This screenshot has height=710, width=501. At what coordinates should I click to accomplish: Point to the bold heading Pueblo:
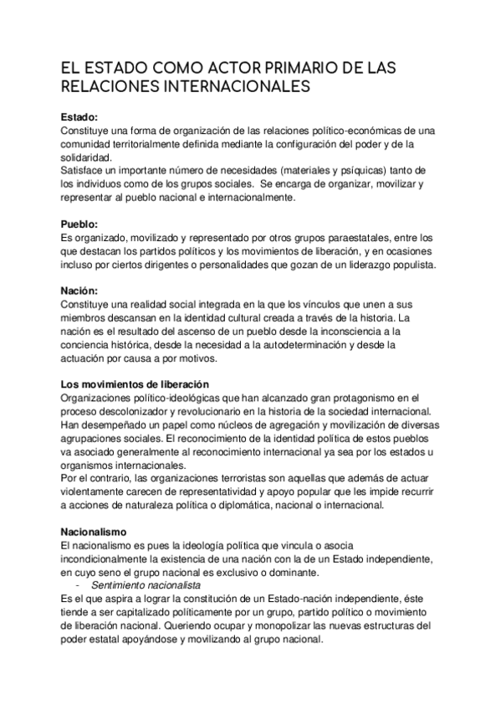tap(80, 224)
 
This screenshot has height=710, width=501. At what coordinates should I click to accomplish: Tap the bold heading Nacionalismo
tap(94, 532)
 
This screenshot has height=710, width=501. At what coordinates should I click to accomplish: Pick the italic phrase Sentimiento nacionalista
tap(146, 584)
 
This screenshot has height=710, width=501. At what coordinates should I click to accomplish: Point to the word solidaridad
tap(88, 157)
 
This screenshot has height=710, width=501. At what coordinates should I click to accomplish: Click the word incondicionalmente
tap(110, 559)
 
